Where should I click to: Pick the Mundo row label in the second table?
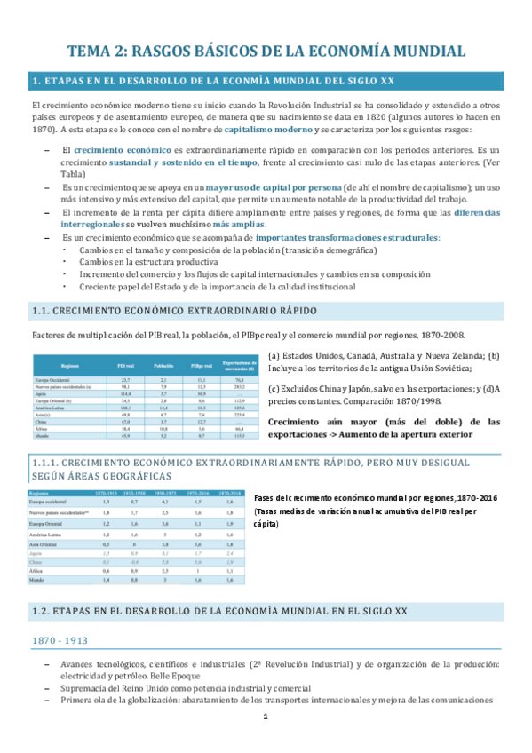tap(38, 579)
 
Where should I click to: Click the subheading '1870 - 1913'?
tap(62, 640)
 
